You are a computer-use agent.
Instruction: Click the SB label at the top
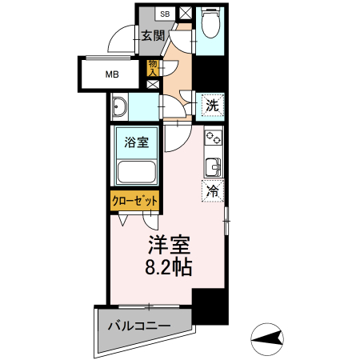pyautogui.click(x=165, y=14)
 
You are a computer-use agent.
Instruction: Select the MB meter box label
pyautogui.click(x=113, y=77)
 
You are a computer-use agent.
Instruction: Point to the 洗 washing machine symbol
pyautogui.click(x=211, y=103)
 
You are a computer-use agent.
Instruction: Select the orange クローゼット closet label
pyautogui.click(x=134, y=201)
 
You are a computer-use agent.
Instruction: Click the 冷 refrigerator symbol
pyautogui.click(x=213, y=190)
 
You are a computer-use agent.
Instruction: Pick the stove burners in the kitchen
pyautogui.click(x=213, y=138)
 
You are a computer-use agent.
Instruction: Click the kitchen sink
pyautogui.click(x=214, y=166)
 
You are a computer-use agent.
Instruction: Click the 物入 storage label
pyautogui.click(x=152, y=67)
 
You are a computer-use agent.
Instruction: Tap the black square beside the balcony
pyautogui.click(x=210, y=307)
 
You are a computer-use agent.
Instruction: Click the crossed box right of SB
pyautogui.click(x=186, y=14)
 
